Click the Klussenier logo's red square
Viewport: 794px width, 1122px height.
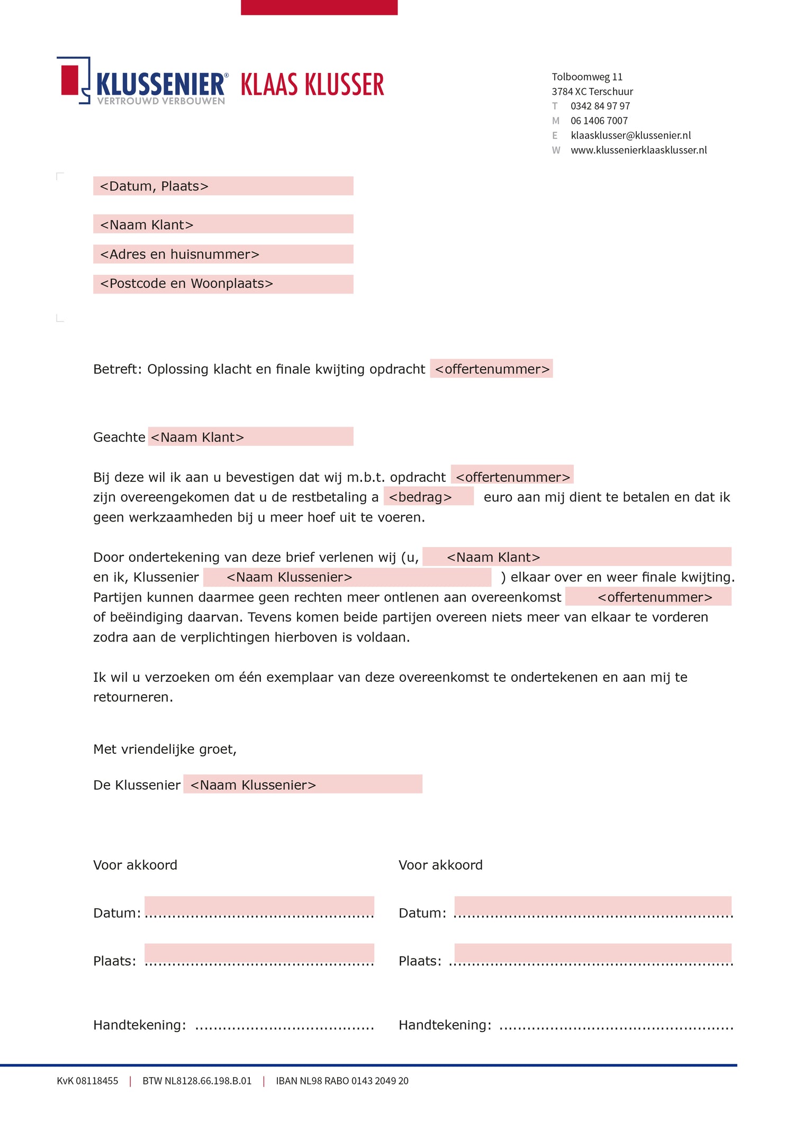70,80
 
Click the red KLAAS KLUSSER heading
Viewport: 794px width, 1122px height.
312,85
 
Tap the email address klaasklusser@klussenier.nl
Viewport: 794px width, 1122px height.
630,135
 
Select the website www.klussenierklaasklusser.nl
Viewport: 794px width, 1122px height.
638,150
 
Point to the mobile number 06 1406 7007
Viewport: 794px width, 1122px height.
599,121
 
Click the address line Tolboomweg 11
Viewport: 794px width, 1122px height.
587,77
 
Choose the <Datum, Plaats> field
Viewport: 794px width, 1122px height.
223,186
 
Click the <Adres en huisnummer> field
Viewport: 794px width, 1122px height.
223,254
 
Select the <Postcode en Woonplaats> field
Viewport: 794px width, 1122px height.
223,284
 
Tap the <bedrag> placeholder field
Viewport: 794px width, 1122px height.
429,497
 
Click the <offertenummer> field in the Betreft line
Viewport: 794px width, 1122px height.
491,369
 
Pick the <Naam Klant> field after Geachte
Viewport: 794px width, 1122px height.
250,437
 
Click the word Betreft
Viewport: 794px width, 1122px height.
116,369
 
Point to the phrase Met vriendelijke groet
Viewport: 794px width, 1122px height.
165,749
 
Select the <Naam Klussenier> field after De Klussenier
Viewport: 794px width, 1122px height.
303,785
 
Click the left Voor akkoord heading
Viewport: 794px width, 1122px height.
135,865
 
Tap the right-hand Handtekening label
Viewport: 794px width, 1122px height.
445,1025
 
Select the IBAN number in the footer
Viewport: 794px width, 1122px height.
342,1081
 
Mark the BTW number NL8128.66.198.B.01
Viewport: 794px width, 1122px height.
197,1081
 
